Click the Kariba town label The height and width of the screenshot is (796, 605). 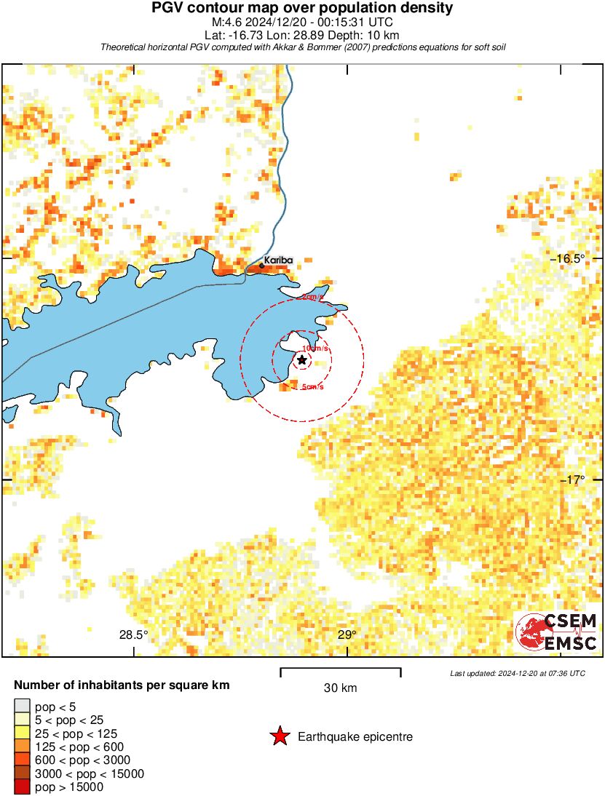click(x=278, y=260)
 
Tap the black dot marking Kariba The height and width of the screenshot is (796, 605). click(x=261, y=266)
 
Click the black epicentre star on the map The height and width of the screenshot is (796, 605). click(x=302, y=359)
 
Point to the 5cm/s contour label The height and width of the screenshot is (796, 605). click(x=312, y=387)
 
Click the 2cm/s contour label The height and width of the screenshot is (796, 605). click(x=312, y=298)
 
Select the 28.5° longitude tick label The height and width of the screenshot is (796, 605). click(x=134, y=635)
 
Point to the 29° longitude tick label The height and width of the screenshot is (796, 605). click(x=347, y=635)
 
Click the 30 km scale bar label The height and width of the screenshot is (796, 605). click(x=340, y=688)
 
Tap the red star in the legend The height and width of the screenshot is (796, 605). click(x=279, y=737)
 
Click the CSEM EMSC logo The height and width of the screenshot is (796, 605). click(x=557, y=632)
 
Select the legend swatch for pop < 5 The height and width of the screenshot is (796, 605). click(x=23, y=706)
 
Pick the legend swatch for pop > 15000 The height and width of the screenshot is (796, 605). click(x=23, y=787)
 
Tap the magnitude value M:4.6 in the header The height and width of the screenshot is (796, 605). click(x=224, y=22)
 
